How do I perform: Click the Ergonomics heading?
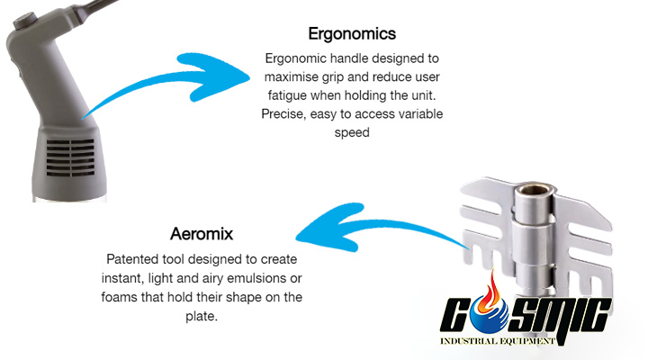[352, 34]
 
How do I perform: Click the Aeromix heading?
[202, 234]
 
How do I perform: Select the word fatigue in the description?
[287, 96]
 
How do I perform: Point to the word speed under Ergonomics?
[352, 133]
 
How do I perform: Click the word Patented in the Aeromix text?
[132, 259]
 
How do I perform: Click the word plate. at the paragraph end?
[202, 316]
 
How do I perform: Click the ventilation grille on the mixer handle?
[70, 157]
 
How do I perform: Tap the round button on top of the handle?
[23, 20]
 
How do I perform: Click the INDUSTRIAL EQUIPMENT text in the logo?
[498, 341]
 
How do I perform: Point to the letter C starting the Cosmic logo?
[456, 315]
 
